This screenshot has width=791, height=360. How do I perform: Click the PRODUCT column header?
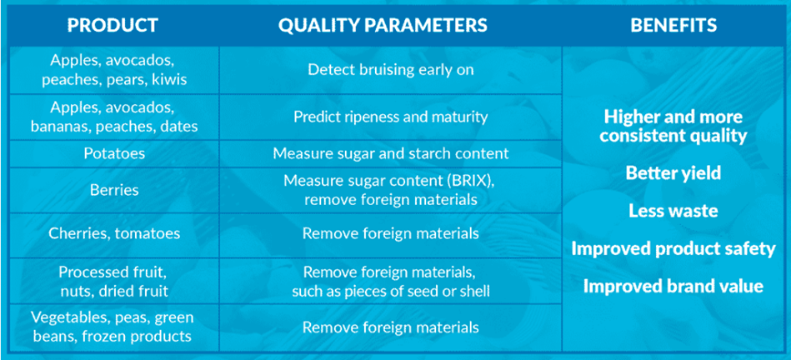pyautogui.click(x=113, y=25)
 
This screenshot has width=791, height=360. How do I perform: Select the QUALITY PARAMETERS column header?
pyautogui.click(x=383, y=25)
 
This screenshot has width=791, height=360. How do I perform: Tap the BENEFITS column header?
pyautogui.click(x=673, y=25)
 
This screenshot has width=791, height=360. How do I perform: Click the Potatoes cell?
pyautogui.click(x=113, y=153)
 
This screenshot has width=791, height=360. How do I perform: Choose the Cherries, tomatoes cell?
pyautogui.click(x=114, y=233)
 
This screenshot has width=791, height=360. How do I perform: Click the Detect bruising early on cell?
pyautogui.click(x=391, y=69)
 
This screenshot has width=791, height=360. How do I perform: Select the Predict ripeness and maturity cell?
pyautogui.click(x=391, y=117)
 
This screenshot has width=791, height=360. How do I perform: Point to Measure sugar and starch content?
pyautogui.click(x=391, y=153)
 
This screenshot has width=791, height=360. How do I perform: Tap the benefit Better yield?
pyautogui.click(x=673, y=173)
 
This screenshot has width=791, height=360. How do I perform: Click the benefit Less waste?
pyautogui.click(x=673, y=211)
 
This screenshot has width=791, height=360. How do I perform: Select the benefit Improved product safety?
pyautogui.click(x=673, y=248)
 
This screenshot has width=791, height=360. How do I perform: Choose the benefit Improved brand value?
pyautogui.click(x=673, y=287)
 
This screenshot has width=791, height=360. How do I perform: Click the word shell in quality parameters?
pyautogui.click(x=474, y=292)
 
